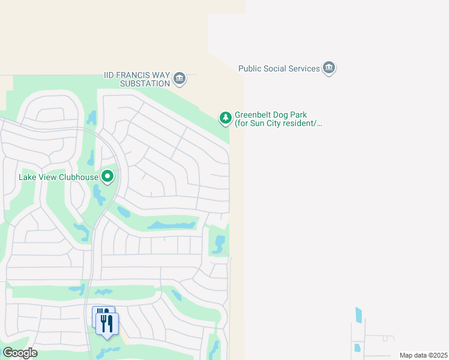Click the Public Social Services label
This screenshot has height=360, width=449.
pyautogui.click(x=279, y=68)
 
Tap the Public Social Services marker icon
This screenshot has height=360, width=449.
pyautogui.click(x=328, y=68)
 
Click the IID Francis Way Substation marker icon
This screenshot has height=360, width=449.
pyautogui.click(x=179, y=79)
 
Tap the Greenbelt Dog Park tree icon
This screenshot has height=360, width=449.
pyautogui.click(x=225, y=118)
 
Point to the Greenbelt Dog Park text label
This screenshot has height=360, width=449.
pyautogui.click(x=279, y=119)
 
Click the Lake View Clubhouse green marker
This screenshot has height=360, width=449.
pyautogui.click(x=107, y=176)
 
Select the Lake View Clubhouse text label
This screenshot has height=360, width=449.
pyautogui.click(x=58, y=176)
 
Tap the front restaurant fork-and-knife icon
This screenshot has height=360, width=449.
pyautogui.click(x=107, y=324)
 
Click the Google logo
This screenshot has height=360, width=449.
pyautogui.click(x=20, y=353)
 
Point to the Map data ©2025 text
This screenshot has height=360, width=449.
pyautogui.click(x=423, y=355)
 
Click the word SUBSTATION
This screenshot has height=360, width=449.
pyautogui.click(x=145, y=83)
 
